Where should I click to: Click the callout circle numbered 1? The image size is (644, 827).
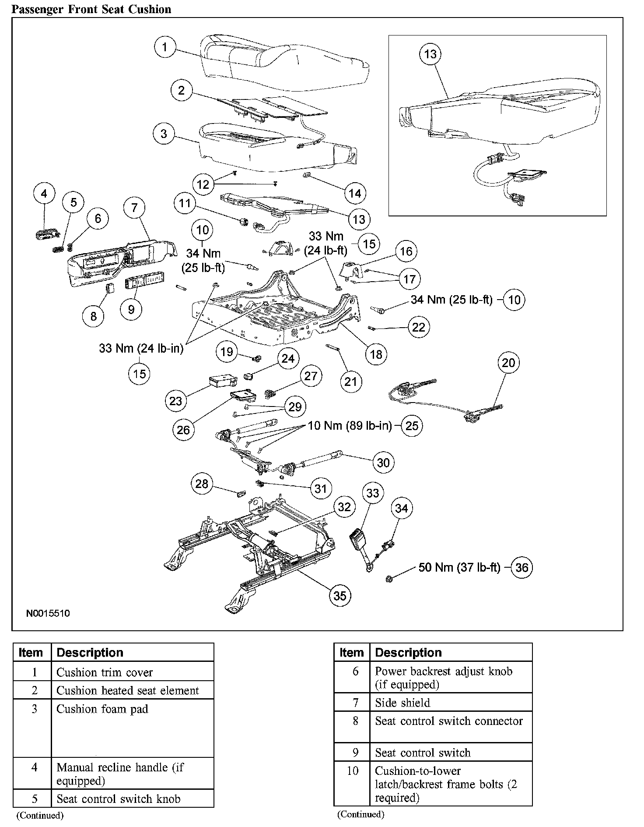point(164,47)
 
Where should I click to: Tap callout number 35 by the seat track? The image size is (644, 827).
point(339,595)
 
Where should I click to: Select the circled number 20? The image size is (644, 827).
point(508,363)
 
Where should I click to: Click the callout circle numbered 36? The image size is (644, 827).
point(522,568)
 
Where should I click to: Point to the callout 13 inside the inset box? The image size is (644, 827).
point(430,54)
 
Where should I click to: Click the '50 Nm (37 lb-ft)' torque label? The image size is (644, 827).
point(459,567)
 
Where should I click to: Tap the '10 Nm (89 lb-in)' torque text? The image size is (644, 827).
point(350,425)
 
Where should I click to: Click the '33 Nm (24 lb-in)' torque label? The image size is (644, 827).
point(141,349)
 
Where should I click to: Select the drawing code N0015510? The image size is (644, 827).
point(48,613)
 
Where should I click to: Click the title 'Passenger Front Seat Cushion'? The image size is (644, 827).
point(91,9)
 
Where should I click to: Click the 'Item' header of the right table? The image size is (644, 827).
point(351,652)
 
